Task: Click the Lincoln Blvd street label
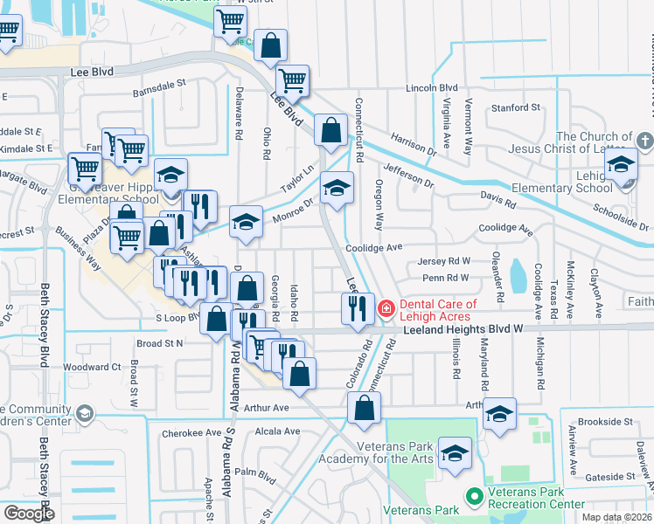[x=432, y=88]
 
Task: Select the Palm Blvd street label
[x=255, y=472]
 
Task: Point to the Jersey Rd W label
[x=445, y=261]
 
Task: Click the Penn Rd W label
[x=446, y=278]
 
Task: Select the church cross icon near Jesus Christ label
[x=644, y=141]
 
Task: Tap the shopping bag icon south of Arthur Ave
[x=364, y=407]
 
